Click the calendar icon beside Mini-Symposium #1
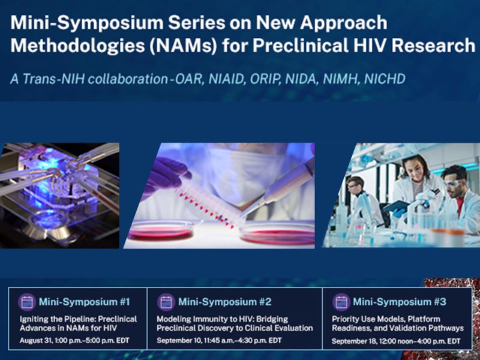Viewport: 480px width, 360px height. pos(27,302)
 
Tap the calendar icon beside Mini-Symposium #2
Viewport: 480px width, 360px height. pos(166,302)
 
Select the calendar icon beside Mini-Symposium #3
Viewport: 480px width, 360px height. pos(341,302)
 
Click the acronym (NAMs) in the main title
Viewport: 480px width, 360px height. pos(184,46)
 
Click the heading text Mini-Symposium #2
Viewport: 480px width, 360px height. pos(224,302)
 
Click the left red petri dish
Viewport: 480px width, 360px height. pos(161,232)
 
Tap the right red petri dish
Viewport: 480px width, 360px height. pos(277,235)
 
